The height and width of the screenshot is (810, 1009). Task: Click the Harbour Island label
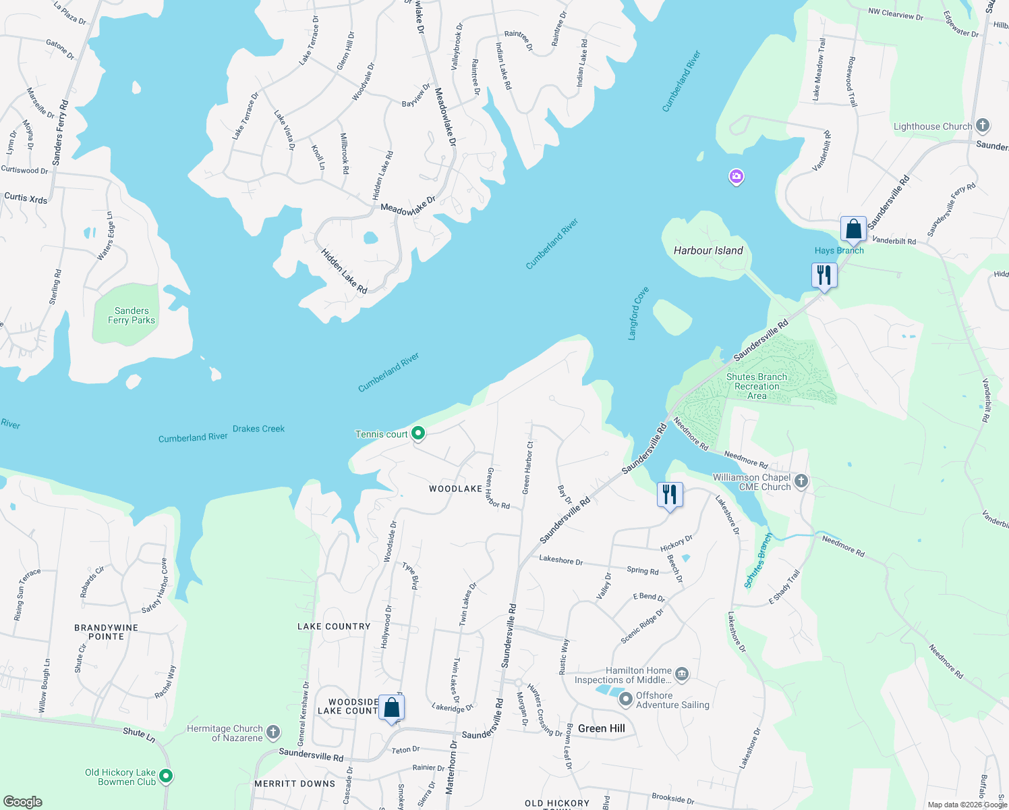click(x=708, y=250)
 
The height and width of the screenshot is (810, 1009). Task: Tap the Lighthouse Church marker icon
click(x=983, y=125)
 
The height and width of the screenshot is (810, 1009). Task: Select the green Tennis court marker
click(x=418, y=433)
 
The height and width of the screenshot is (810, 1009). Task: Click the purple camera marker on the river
click(x=736, y=177)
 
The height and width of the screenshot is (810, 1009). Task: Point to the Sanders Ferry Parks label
click(x=132, y=316)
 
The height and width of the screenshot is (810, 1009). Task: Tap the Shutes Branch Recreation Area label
click(x=756, y=386)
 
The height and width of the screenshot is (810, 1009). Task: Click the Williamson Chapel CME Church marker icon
click(x=801, y=481)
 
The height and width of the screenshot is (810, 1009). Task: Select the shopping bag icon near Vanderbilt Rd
click(x=853, y=229)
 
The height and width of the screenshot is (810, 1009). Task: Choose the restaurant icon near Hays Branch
click(x=824, y=275)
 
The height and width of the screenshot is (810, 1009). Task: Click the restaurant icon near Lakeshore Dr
click(x=669, y=495)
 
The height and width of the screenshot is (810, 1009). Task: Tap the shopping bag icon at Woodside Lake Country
click(x=391, y=708)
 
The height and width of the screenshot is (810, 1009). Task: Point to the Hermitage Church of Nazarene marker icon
click(x=273, y=732)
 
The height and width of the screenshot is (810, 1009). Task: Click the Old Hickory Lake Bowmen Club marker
click(x=166, y=776)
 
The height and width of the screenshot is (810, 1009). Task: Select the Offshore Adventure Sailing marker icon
click(x=625, y=699)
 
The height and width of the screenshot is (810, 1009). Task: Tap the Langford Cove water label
click(x=637, y=313)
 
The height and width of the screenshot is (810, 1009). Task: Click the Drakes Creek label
click(x=258, y=429)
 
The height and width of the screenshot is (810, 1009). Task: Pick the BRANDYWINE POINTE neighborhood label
click(x=107, y=632)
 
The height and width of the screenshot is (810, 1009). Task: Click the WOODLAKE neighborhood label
click(x=455, y=489)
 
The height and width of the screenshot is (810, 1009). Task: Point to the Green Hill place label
click(x=601, y=728)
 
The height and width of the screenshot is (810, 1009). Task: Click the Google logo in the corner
click(x=23, y=801)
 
